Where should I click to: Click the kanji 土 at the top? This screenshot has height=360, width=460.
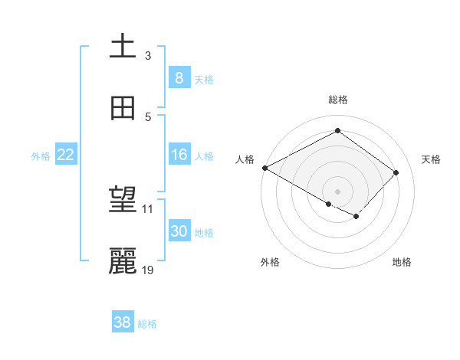coord(123,47)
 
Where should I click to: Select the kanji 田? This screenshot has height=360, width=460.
coord(123,108)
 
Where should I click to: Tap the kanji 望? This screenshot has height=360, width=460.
coord(123,201)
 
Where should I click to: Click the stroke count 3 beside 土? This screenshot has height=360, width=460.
coord(148,56)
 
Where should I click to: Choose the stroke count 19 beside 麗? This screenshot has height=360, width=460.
coord(148,270)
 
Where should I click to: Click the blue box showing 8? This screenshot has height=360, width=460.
coord(179,78)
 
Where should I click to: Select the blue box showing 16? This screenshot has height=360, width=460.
coord(179,155)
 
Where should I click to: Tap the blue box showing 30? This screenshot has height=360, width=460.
coord(179,231)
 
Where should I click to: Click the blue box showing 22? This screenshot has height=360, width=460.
coord(66,155)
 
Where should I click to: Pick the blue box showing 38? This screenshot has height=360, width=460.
coord(123,323)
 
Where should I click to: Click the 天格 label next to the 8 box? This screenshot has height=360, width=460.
coord(204,80)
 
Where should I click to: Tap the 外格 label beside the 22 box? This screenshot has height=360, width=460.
coord(41,156)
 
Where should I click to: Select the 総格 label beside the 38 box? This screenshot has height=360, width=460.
coord(148,325)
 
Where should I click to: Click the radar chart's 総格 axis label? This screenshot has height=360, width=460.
coord(337,100)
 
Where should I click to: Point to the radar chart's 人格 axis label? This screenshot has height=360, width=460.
coord(245,159)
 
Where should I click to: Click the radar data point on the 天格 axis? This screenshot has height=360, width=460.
coord(396,172)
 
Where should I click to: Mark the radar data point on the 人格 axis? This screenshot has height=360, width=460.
coord(264,168)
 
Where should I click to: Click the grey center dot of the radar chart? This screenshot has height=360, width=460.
coord(337,191)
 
